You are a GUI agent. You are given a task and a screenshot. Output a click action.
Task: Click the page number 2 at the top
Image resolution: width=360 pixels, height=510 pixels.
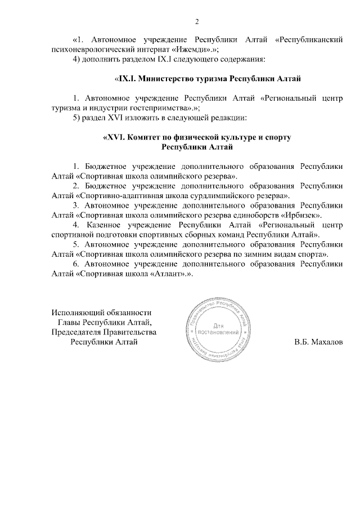coord(197,22)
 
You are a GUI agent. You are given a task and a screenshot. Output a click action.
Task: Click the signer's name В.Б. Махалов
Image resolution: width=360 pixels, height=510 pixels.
coord(318,342)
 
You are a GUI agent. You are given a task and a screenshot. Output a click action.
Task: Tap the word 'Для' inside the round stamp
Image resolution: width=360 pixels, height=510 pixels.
coord(219,325)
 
